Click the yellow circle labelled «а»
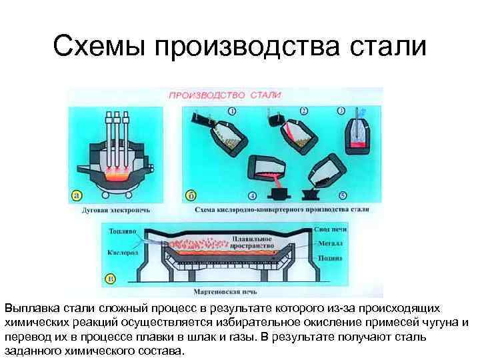[x=77, y=195]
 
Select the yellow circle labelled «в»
[x=111, y=279]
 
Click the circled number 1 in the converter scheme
[x=231, y=111]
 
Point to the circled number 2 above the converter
[x=303, y=111]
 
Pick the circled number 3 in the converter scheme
[x=341, y=111]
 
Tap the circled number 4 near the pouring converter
[x=251, y=195]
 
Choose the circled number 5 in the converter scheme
[x=341, y=195]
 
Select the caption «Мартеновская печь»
[x=241, y=292]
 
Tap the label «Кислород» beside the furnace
[x=119, y=253]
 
